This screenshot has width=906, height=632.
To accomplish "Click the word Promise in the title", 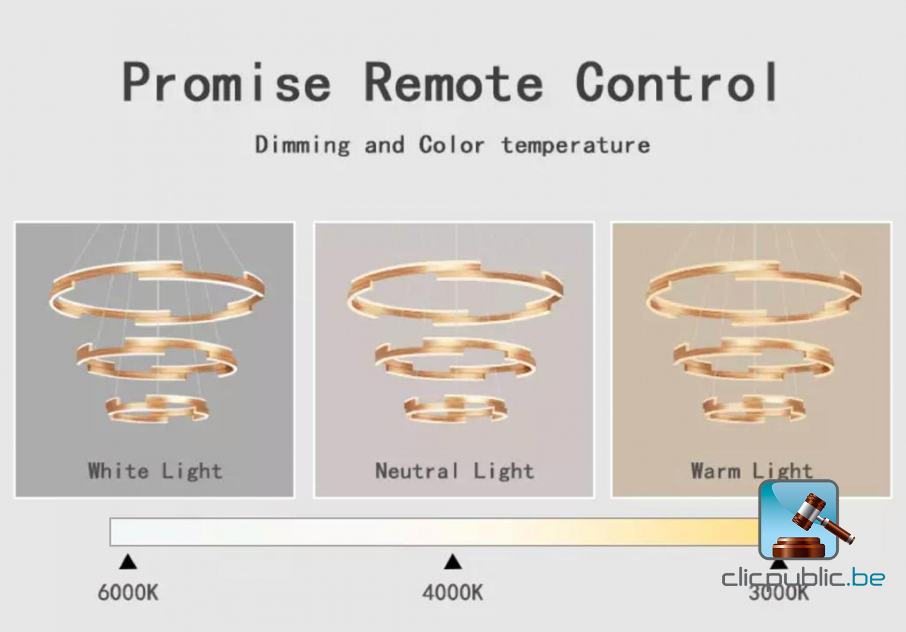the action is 226,83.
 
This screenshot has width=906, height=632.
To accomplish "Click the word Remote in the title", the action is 454,83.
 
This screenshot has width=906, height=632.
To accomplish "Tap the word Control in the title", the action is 677,82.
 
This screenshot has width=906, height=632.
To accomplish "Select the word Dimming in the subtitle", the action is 303,145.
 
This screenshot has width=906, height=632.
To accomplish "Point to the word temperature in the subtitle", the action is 576,146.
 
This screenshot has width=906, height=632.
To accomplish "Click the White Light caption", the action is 155,471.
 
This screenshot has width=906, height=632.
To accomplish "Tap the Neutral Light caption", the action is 455,471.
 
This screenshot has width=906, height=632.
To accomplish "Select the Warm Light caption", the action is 751,471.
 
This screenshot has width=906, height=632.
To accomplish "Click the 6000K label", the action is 128,593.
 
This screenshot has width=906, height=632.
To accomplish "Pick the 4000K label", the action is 452,593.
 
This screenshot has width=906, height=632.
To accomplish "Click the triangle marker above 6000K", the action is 128,562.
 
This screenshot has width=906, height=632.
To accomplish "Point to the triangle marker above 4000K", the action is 453,562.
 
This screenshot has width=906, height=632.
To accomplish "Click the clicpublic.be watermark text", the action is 803,577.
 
